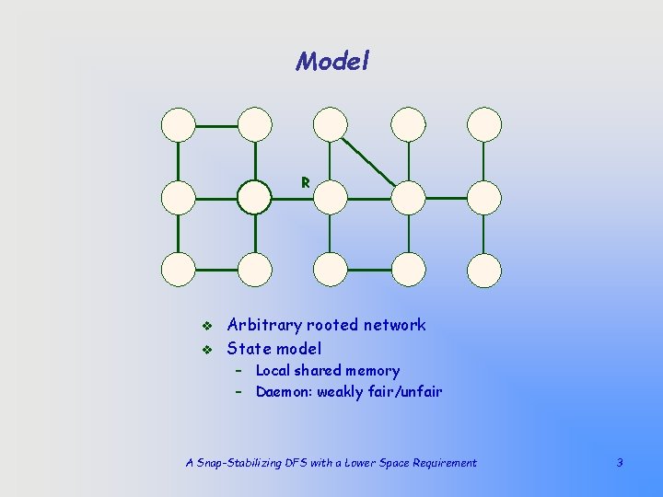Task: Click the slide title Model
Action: point(332,62)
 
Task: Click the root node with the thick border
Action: point(254,197)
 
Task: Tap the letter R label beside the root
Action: point(305,182)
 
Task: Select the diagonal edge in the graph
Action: point(369,160)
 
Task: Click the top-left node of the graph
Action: point(178,124)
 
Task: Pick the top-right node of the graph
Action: point(484,124)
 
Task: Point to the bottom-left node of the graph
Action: point(178,270)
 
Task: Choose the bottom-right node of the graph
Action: point(484,270)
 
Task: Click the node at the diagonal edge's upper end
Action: point(331,124)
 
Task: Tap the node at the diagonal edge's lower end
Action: point(408,197)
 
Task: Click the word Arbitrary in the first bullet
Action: point(264,325)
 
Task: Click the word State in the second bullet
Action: point(250,349)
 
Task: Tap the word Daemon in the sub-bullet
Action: point(283,392)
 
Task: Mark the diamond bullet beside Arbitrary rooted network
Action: point(207,326)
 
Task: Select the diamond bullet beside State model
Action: point(207,350)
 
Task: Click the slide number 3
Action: point(620,463)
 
